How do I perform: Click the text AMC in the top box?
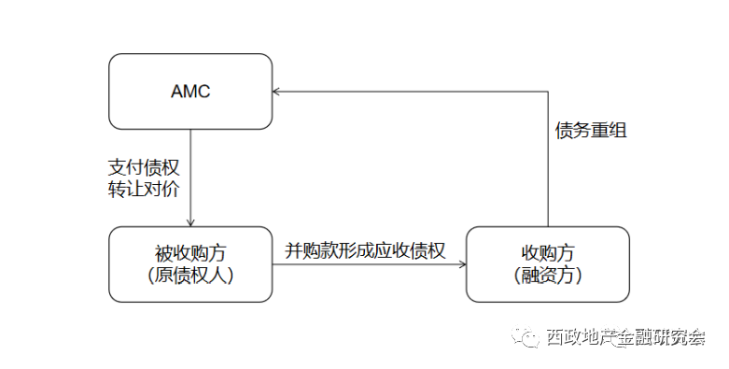pyautogui.click(x=190, y=92)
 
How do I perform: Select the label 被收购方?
pyautogui.click(x=190, y=253)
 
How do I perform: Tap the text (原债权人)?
pyautogui.click(x=190, y=276)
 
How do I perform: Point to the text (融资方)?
pyautogui.click(x=548, y=276)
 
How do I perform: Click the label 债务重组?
pyautogui.click(x=590, y=130)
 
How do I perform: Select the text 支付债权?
pyautogui.click(x=144, y=165)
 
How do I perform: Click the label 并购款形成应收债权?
pyautogui.click(x=365, y=250)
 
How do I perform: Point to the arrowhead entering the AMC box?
pyautogui.click(x=277, y=92)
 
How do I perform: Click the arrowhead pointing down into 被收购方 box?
pyautogui.click(x=190, y=222)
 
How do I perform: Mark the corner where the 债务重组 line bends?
pyautogui.click(x=548, y=92)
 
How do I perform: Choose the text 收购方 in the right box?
pyautogui.click(x=548, y=253)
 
